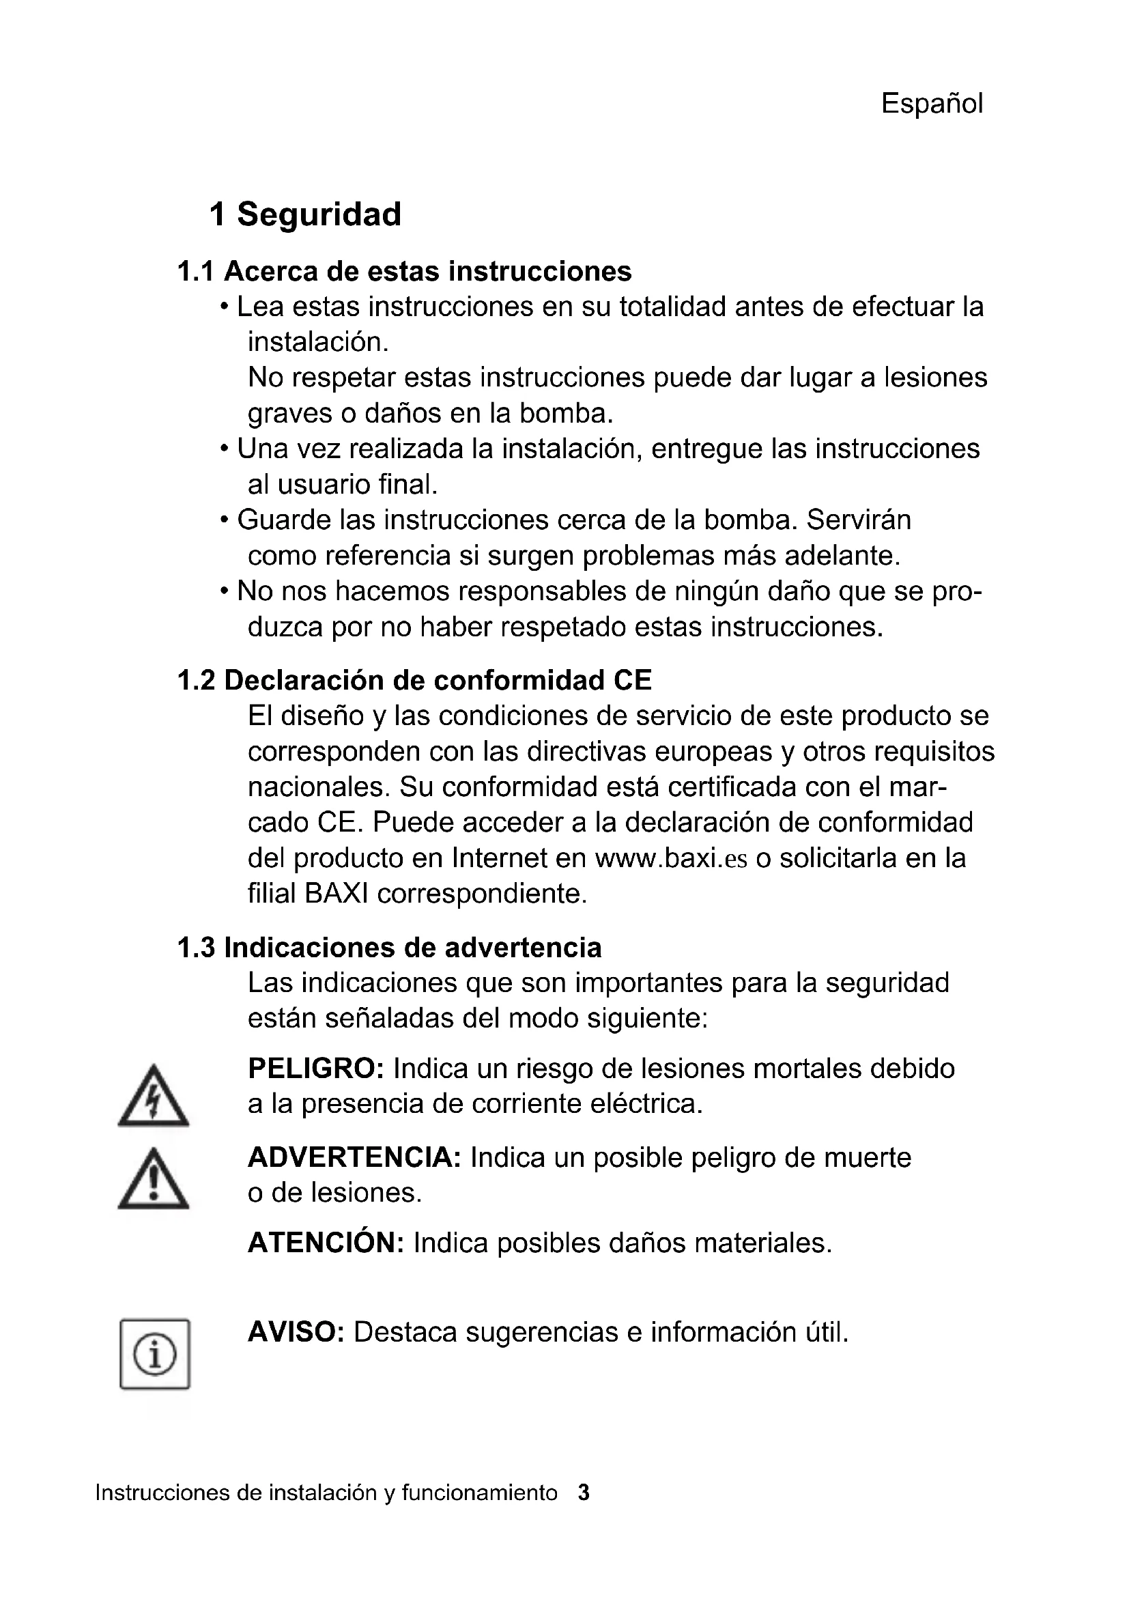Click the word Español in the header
pyautogui.click(x=932, y=104)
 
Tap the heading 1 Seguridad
pyautogui.click(x=305, y=214)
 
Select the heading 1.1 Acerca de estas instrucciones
pyautogui.click(x=404, y=271)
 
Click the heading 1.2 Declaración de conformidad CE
pyautogui.click(x=414, y=680)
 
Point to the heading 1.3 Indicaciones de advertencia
pyautogui.click(x=389, y=948)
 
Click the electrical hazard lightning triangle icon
pyautogui.click(x=153, y=1098)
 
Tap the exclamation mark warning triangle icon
pyautogui.click(x=153, y=1181)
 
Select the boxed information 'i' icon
pyautogui.click(x=154, y=1355)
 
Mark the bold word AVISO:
pyautogui.click(x=296, y=1332)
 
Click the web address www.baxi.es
pyautogui.click(x=671, y=858)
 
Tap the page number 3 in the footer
pyautogui.click(x=584, y=1493)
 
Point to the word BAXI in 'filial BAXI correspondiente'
pyautogui.click(x=337, y=894)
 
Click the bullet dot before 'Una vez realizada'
pyautogui.click(x=224, y=449)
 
